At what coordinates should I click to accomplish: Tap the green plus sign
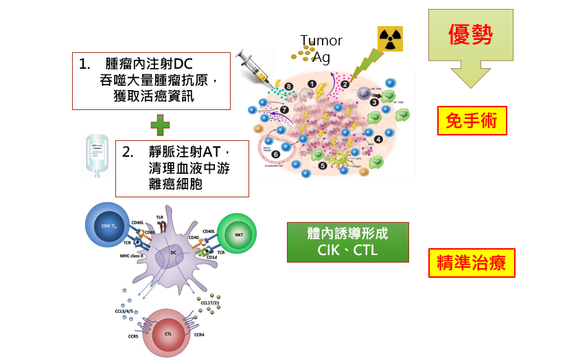point(160,124)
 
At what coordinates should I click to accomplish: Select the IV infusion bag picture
point(94,155)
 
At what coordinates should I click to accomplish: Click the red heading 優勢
point(470,34)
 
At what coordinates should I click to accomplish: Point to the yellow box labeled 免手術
point(472,121)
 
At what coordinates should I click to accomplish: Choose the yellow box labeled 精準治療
point(472,262)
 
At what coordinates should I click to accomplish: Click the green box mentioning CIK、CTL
point(347,242)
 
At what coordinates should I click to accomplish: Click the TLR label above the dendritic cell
point(160,218)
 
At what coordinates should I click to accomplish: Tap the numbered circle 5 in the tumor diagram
point(323,165)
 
